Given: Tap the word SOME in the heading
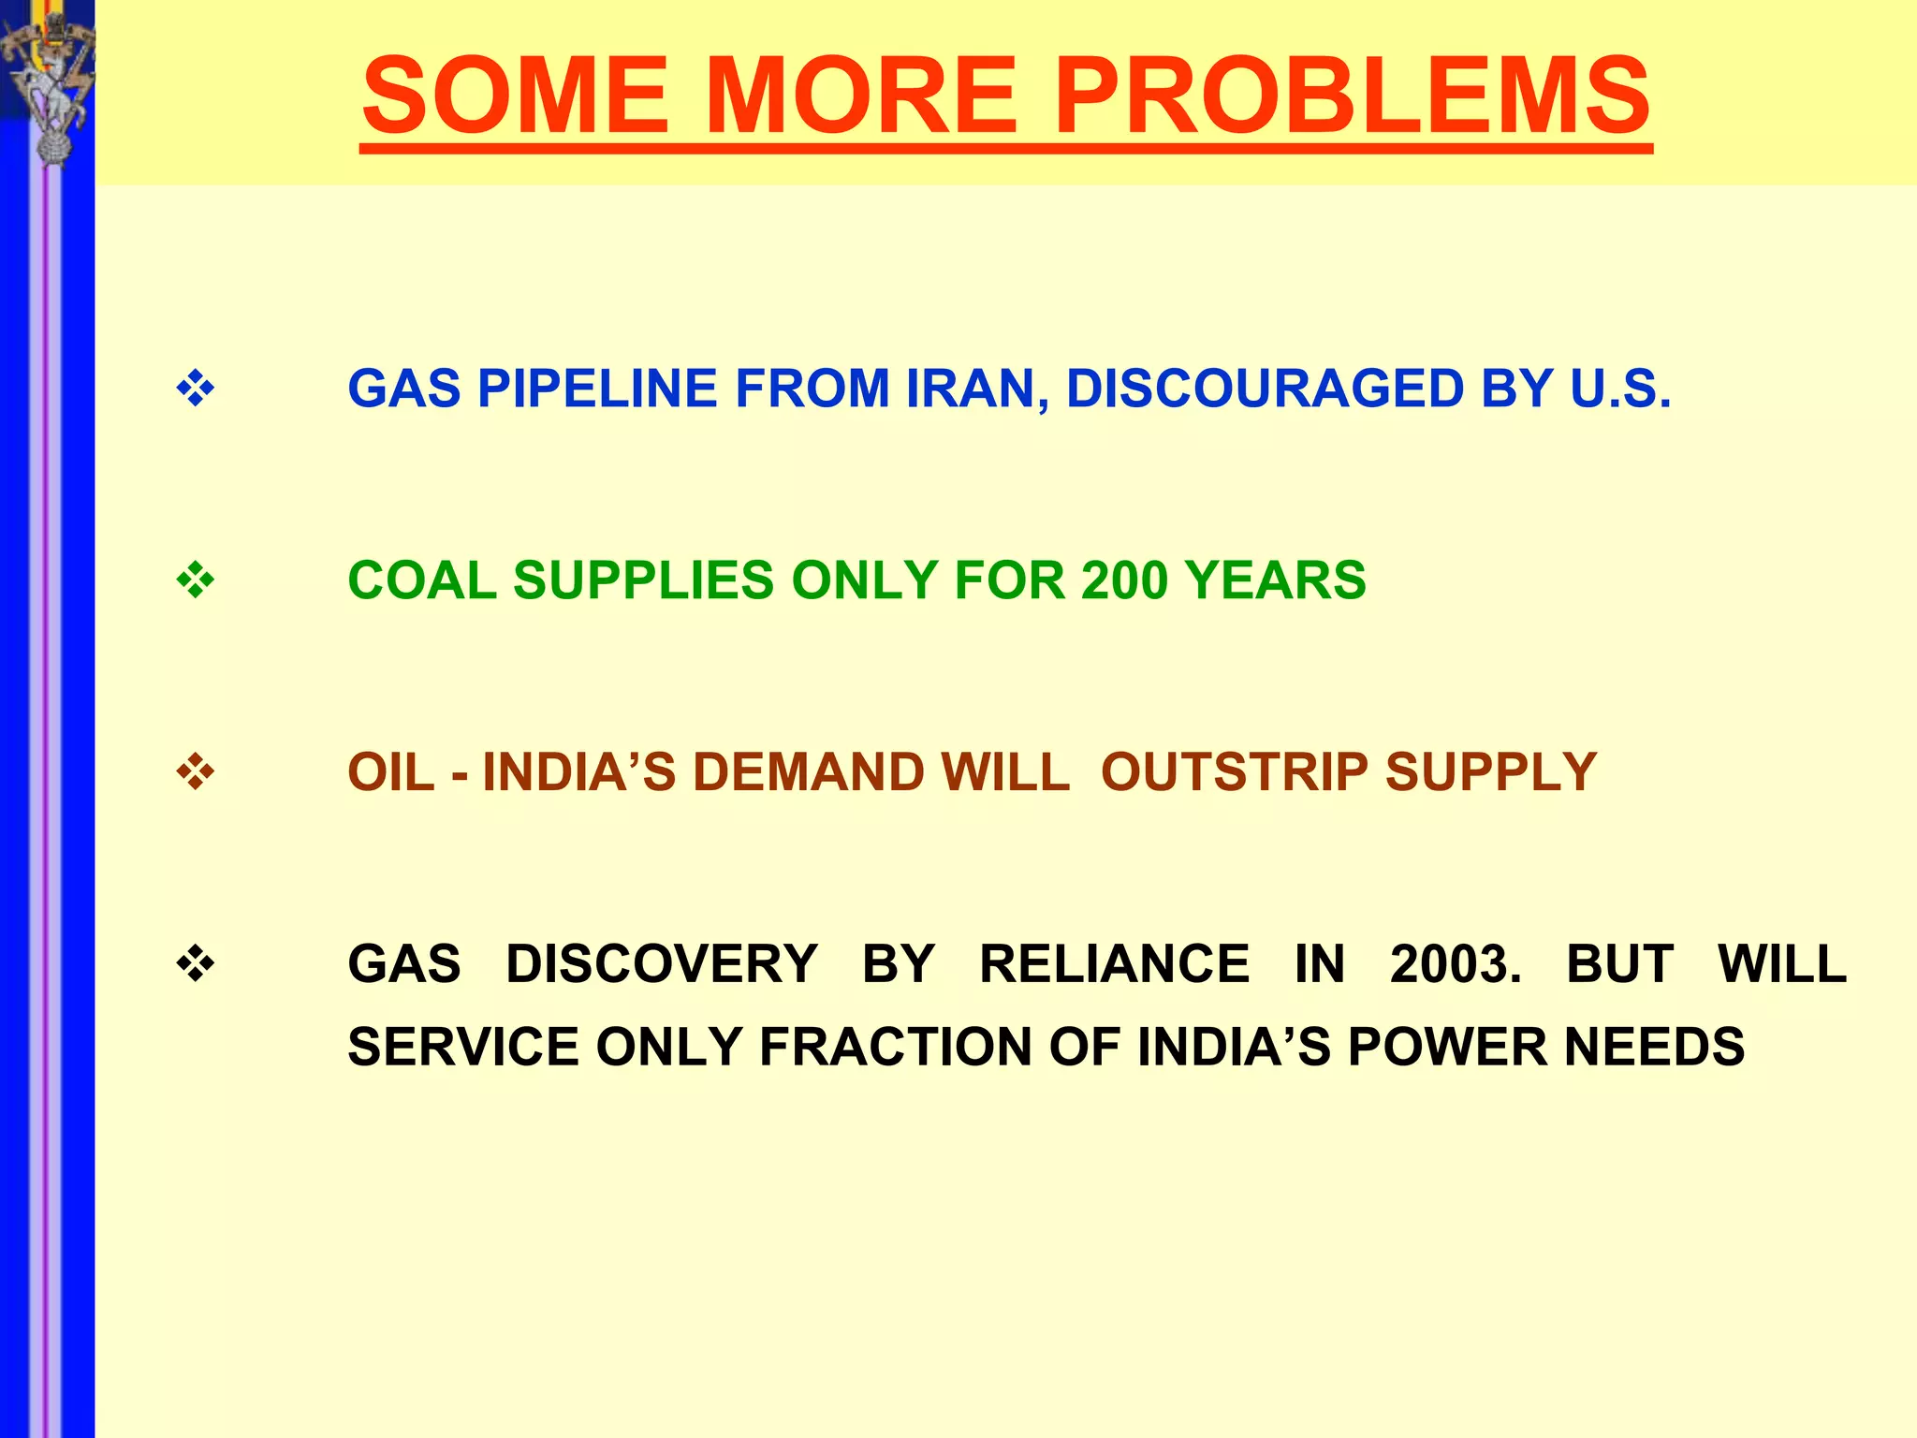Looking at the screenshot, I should [515, 95].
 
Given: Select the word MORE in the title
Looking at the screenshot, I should [860, 95].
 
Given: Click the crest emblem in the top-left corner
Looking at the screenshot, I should [47, 84].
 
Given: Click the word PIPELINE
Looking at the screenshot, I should [597, 389].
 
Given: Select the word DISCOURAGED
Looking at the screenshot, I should [1265, 389].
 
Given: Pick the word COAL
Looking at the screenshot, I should [422, 580].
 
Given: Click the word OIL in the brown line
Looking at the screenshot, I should [391, 772].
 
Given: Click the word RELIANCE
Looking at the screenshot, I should [1114, 964].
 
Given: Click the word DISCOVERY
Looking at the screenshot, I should [662, 964].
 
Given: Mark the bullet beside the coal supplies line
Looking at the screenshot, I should [196, 580].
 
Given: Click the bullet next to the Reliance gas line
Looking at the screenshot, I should [196, 964].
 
